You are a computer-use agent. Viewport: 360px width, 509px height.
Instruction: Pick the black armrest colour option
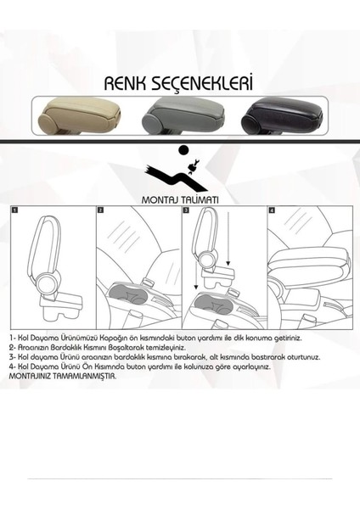pyautogui.click(x=283, y=115)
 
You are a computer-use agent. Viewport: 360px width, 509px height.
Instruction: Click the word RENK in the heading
pyautogui.click(x=125, y=84)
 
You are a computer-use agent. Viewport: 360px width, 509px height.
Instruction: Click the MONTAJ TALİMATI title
pyautogui.click(x=180, y=199)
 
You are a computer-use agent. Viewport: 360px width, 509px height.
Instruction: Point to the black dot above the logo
pyautogui.click(x=183, y=149)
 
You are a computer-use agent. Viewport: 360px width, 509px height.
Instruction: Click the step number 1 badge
pyautogui.click(x=15, y=210)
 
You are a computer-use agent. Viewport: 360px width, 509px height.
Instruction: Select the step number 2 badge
pyautogui.click(x=100, y=210)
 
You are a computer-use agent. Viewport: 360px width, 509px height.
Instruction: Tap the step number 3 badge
pyautogui.click(x=186, y=210)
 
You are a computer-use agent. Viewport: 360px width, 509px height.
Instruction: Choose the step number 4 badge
pyautogui.click(x=272, y=210)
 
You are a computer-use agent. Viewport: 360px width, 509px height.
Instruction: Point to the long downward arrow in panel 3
pyautogui.click(x=228, y=238)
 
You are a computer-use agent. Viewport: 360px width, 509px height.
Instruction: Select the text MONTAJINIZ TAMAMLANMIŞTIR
pyautogui.click(x=63, y=376)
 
